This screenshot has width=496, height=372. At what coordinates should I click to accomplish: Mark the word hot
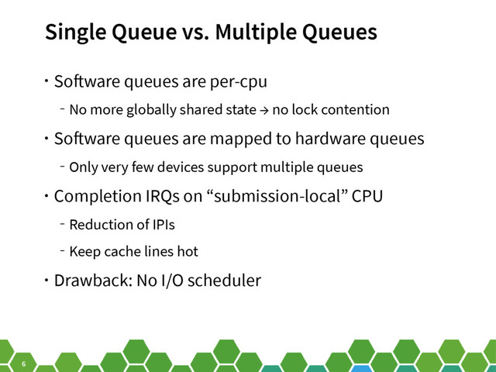click(x=187, y=252)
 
